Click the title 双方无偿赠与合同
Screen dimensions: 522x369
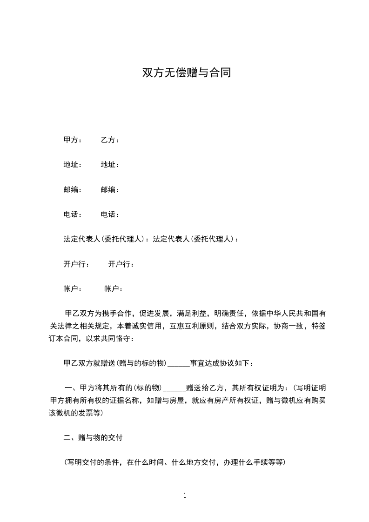pos(186,73)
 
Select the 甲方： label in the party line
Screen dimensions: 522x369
pos(73,140)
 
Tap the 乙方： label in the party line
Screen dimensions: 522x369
pos(110,140)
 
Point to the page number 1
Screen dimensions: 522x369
pos(185,495)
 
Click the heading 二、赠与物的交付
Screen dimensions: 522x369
pos(93,438)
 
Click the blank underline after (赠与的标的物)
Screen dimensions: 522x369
pos(178,363)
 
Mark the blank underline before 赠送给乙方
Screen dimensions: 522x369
pos(174,388)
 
